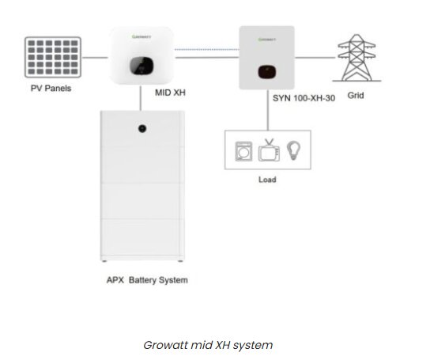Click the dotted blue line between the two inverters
tap(206, 50)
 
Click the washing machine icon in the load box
tap(244, 150)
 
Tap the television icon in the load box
tap(269, 150)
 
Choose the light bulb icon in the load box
tap(292, 149)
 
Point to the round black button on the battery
tap(142, 127)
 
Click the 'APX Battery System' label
tap(147, 280)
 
